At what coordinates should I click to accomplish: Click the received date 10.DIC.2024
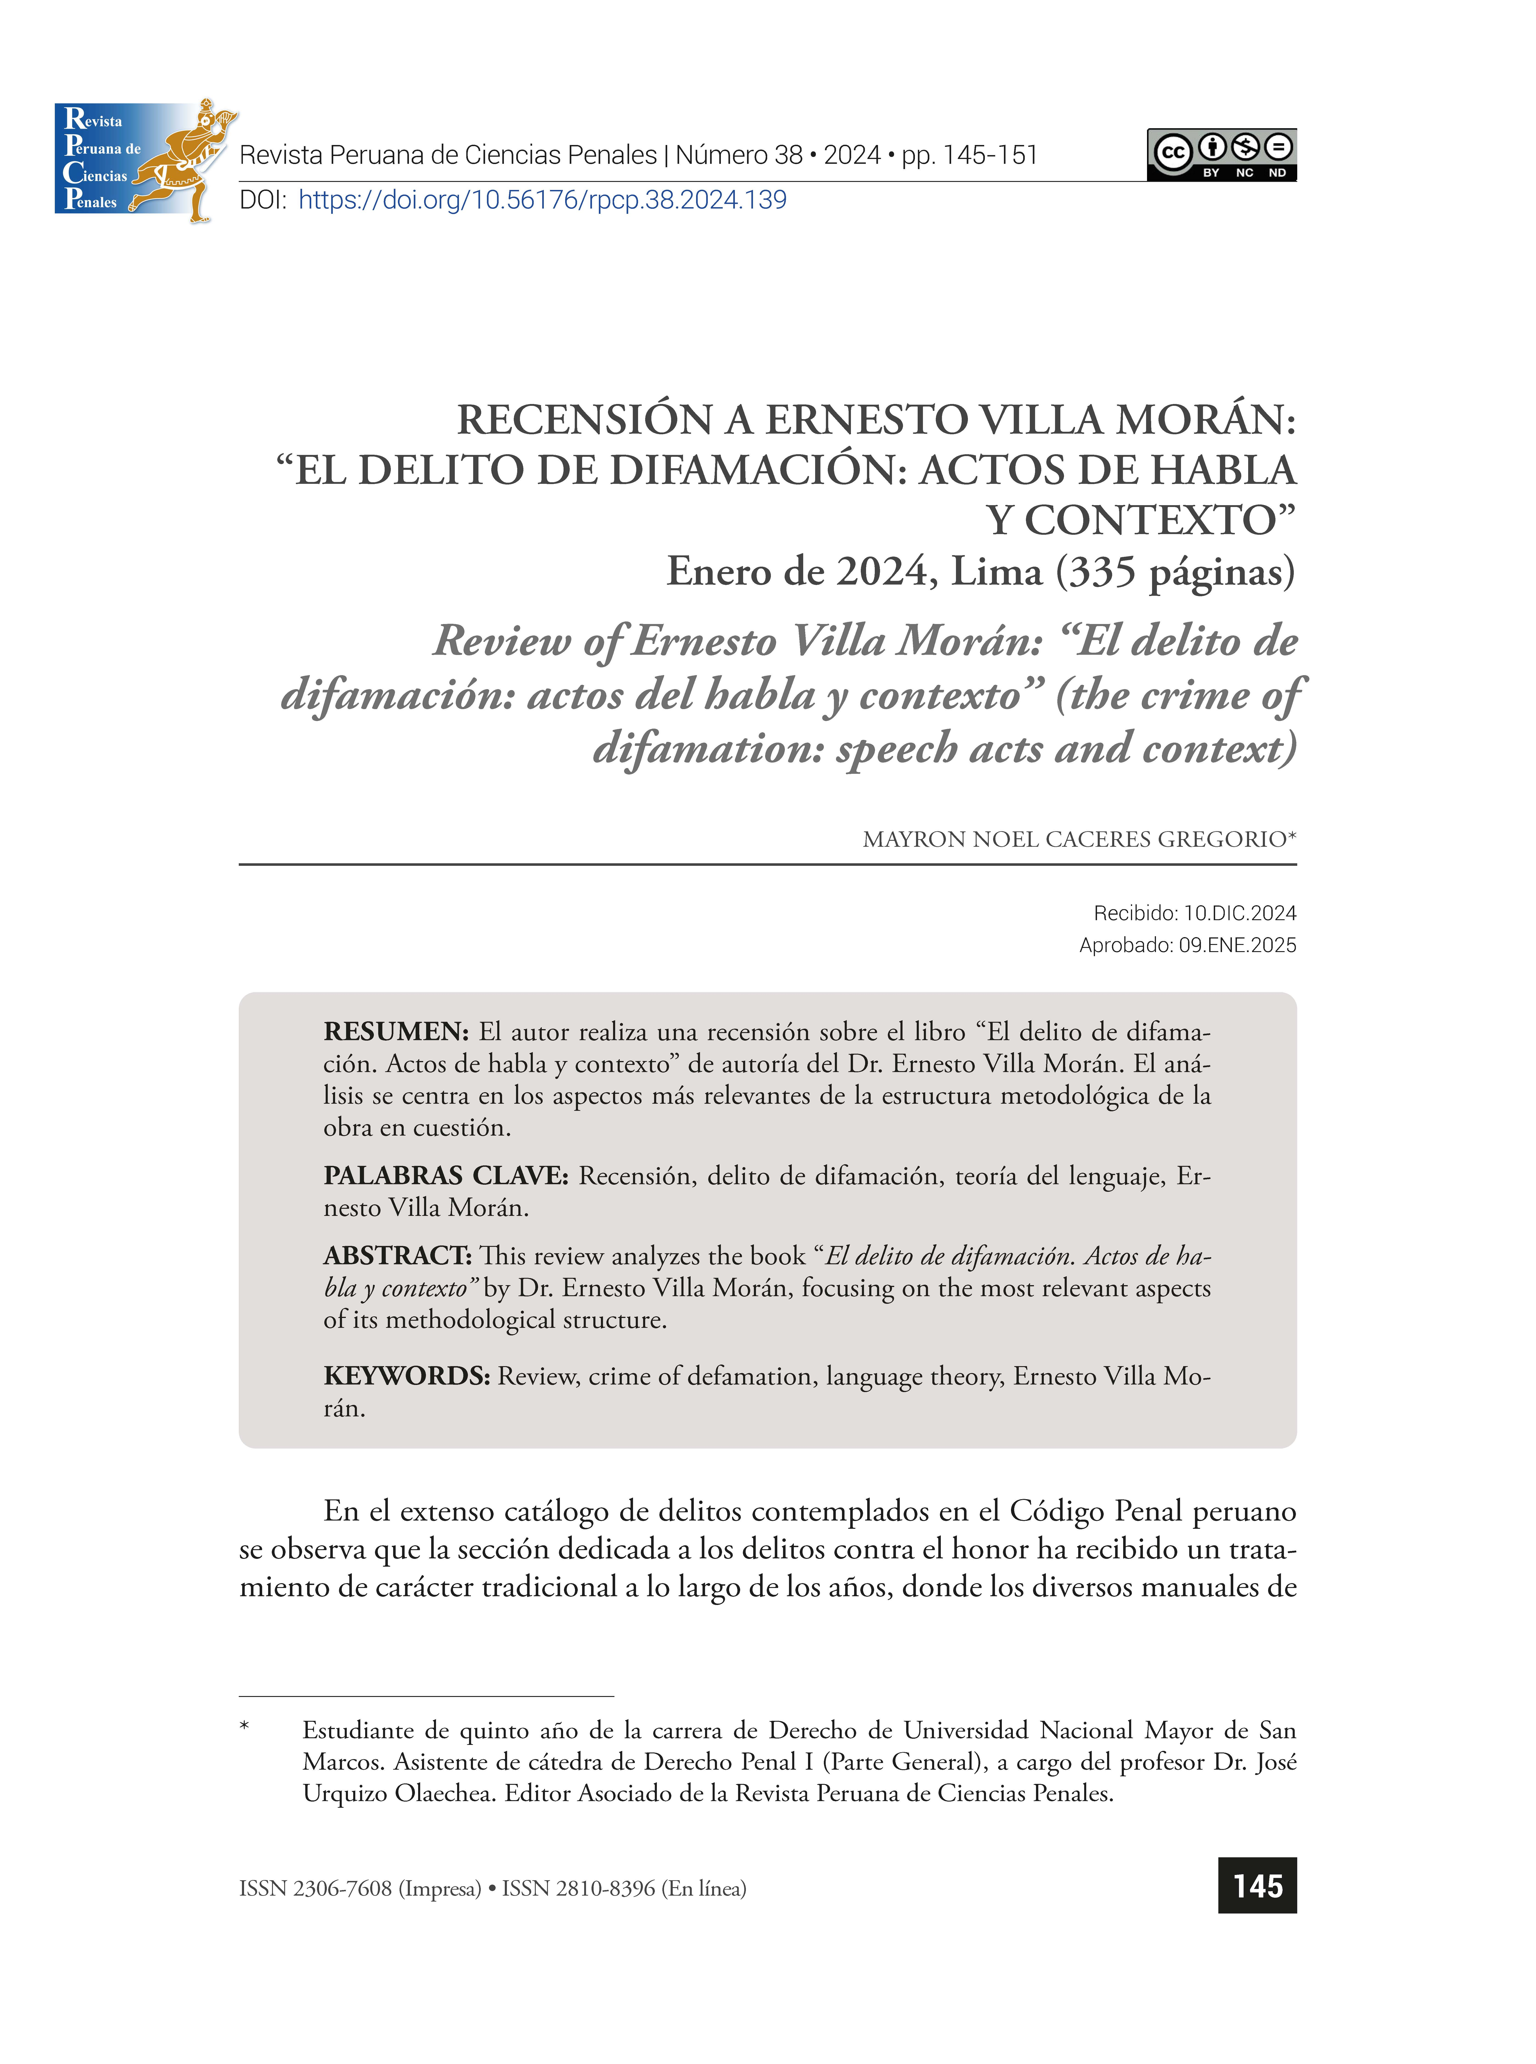[1239, 913]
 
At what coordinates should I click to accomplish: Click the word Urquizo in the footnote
[344, 1794]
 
